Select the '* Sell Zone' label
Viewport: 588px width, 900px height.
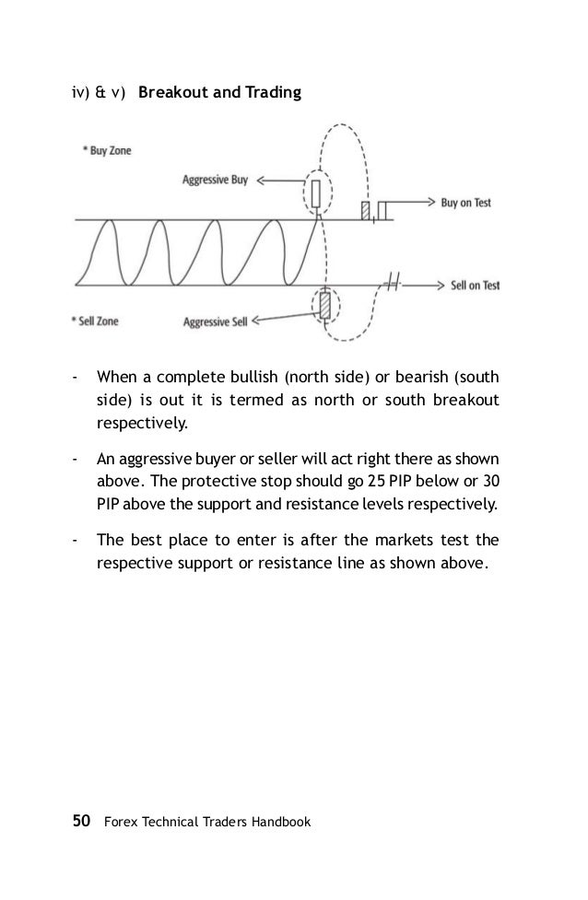(94, 321)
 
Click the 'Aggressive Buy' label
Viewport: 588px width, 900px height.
(217, 182)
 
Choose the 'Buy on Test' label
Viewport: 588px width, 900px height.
(465, 203)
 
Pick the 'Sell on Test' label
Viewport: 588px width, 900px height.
(475, 286)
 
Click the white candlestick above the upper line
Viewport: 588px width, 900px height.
(316, 194)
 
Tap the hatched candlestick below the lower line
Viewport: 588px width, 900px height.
(324, 305)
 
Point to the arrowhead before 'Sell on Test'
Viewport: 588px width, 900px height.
(441, 285)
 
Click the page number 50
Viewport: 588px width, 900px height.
(81, 819)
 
